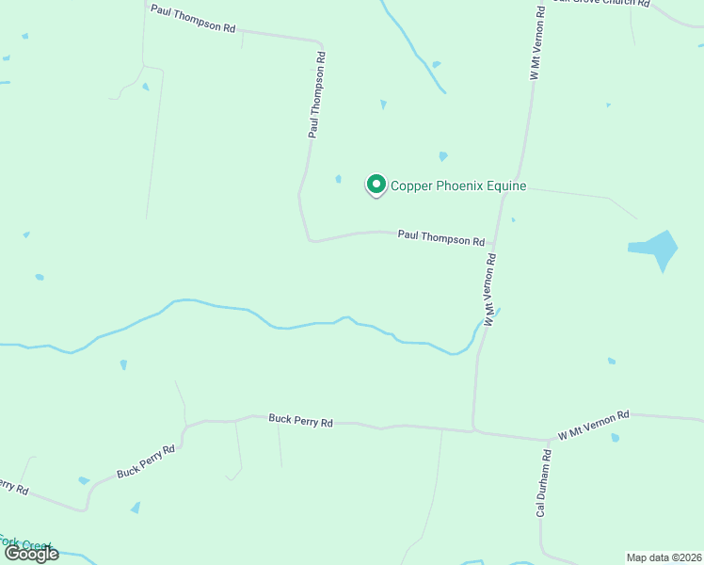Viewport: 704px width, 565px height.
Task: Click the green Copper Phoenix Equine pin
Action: [376, 185]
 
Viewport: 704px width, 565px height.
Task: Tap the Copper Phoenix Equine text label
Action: [458, 186]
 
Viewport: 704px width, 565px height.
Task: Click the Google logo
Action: [32, 554]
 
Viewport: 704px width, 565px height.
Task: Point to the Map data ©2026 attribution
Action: [664, 557]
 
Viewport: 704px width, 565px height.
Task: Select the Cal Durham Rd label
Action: [544, 483]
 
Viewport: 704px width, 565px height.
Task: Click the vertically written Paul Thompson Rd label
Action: [317, 95]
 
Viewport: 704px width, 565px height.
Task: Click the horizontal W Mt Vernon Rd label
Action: [593, 426]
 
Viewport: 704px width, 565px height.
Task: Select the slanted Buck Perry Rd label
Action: [146, 462]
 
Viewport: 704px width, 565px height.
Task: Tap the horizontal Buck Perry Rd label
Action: [300, 421]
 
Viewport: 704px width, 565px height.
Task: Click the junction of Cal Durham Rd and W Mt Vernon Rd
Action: [549, 440]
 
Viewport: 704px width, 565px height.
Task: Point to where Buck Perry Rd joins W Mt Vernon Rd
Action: [473, 431]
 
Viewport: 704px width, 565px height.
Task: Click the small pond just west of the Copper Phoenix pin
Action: [338, 179]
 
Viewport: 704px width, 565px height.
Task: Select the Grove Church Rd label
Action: [602, 3]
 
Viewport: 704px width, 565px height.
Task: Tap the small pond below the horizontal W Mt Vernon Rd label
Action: [615, 438]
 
